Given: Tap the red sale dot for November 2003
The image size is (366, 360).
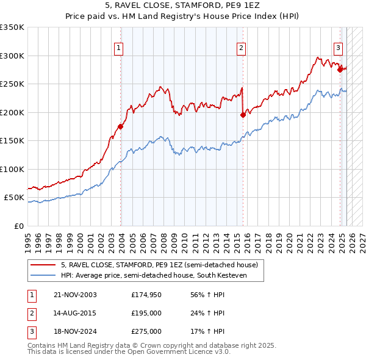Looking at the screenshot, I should coord(120,127).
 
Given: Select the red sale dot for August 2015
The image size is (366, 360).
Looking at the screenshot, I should coord(243,114).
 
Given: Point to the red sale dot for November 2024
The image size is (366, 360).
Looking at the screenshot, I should coord(340,70).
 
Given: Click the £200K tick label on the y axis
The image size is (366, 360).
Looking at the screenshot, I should coord(12,112).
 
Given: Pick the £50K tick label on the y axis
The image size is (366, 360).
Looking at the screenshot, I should coord(14,198).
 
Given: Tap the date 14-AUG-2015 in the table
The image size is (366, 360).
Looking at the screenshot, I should coord(75,313).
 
